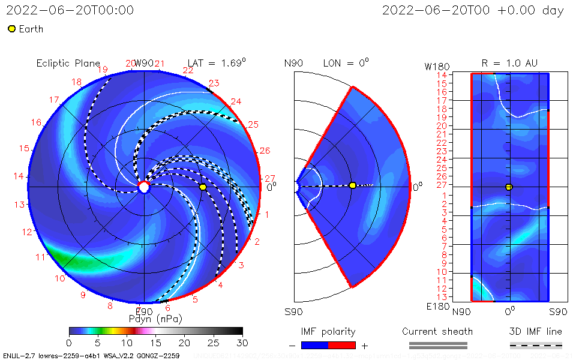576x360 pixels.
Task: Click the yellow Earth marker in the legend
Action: pyautogui.click(x=11, y=29)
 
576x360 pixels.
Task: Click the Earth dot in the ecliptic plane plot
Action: pyautogui.click(x=203, y=187)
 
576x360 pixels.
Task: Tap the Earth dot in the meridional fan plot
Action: pyautogui.click(x=352, y=185)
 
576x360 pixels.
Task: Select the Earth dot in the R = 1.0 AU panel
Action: pyautogui.click(x=509, y=187)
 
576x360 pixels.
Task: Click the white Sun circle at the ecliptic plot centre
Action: pyautogui.click(x=144, y=188)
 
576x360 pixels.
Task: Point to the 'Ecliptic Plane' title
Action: pyautogui.click(x=68, y=63)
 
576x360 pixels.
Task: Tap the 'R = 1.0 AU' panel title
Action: pyautogui.click(x=509, y=63)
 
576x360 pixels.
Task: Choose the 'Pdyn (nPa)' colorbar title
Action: pyautogui.click(x=155, y=319)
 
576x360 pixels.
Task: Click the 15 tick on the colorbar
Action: pyautogui.click(x=155, y=342)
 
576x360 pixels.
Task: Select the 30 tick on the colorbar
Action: pyautogui.click(x=242, y=342)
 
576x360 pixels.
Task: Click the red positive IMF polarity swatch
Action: pyautogui.click(x=342, y=345)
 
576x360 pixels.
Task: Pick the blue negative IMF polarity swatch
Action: pyautogui.click(x=314, y=345)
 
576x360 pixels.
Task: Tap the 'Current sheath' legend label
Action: pyautogui.click(x=437, y=331)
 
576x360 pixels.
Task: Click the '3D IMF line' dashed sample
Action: pyautogui.click(x=536, y=345)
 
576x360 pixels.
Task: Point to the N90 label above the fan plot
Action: pyautogui.click(x=293, y=63)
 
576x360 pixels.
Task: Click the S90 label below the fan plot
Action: pyautogui.click(x=293, y=312)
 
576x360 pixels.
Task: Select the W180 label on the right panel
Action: pyautogui.click(x=437, y=65)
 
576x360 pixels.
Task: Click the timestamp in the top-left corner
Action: pyautogui.click(x=70, y=10)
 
